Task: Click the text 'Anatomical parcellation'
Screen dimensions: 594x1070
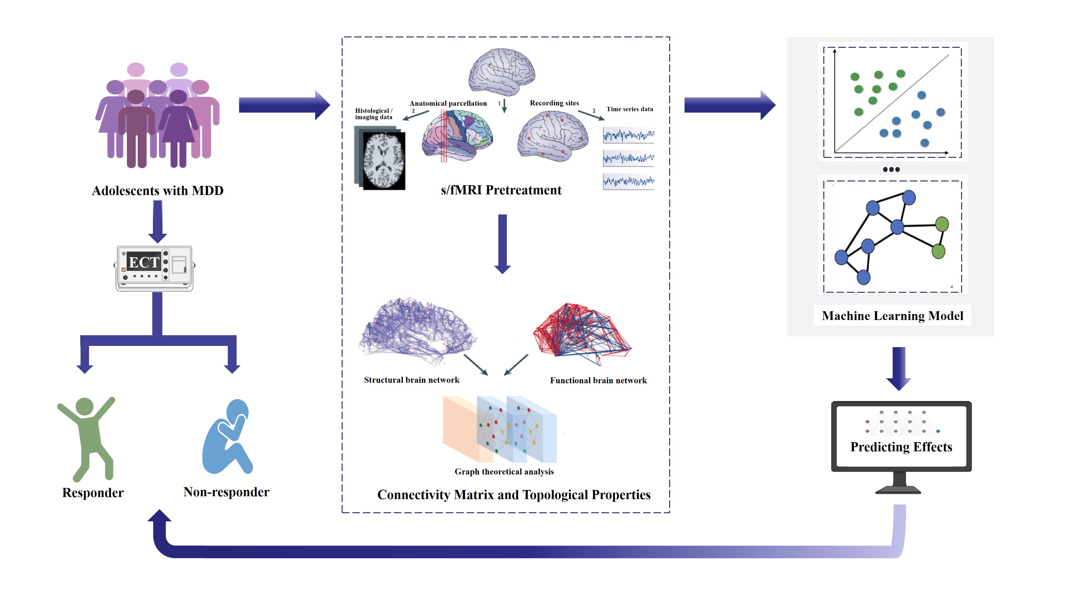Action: click(448, 103)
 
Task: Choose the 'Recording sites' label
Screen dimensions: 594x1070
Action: click(554, 103)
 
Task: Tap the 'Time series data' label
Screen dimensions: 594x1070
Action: click(629, 109)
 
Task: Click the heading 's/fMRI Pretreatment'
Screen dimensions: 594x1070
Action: click(501, 190)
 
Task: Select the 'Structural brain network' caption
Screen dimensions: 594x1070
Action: click(412, 380)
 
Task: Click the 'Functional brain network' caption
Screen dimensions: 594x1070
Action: click(598, 380)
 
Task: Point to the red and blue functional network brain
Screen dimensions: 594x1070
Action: click(581, 332)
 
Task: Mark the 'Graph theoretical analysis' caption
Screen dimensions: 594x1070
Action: click(504, 472)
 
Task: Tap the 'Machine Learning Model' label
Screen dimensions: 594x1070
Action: click(892, 316)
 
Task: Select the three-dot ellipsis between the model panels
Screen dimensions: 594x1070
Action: click(891, 169)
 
